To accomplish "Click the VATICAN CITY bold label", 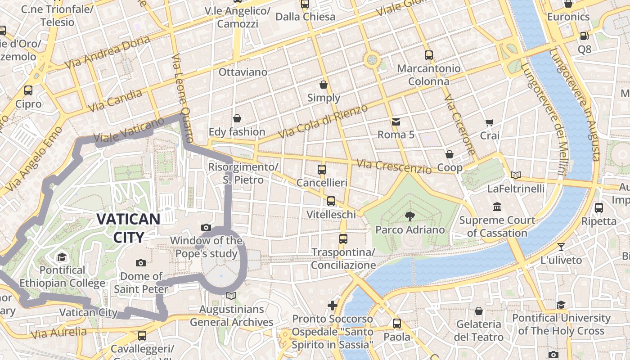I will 128,228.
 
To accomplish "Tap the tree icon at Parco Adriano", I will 409,216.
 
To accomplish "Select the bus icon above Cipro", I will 28,90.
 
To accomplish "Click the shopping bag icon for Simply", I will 324,85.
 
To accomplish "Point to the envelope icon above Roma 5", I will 396,122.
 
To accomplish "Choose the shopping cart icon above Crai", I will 490,122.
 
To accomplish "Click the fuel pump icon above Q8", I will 584,36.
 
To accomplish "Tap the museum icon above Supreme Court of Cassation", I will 497,207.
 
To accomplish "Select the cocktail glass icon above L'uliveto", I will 561,247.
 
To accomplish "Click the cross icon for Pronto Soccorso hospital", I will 333,306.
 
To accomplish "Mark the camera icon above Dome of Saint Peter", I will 140,263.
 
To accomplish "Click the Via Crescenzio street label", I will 394,166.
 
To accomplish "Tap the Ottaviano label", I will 243,72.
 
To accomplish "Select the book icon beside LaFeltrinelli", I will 516,175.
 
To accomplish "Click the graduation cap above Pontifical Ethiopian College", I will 62,257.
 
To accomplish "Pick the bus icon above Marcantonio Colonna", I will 429,55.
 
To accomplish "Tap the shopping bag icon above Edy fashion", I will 237,119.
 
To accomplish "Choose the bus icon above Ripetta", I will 598,208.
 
